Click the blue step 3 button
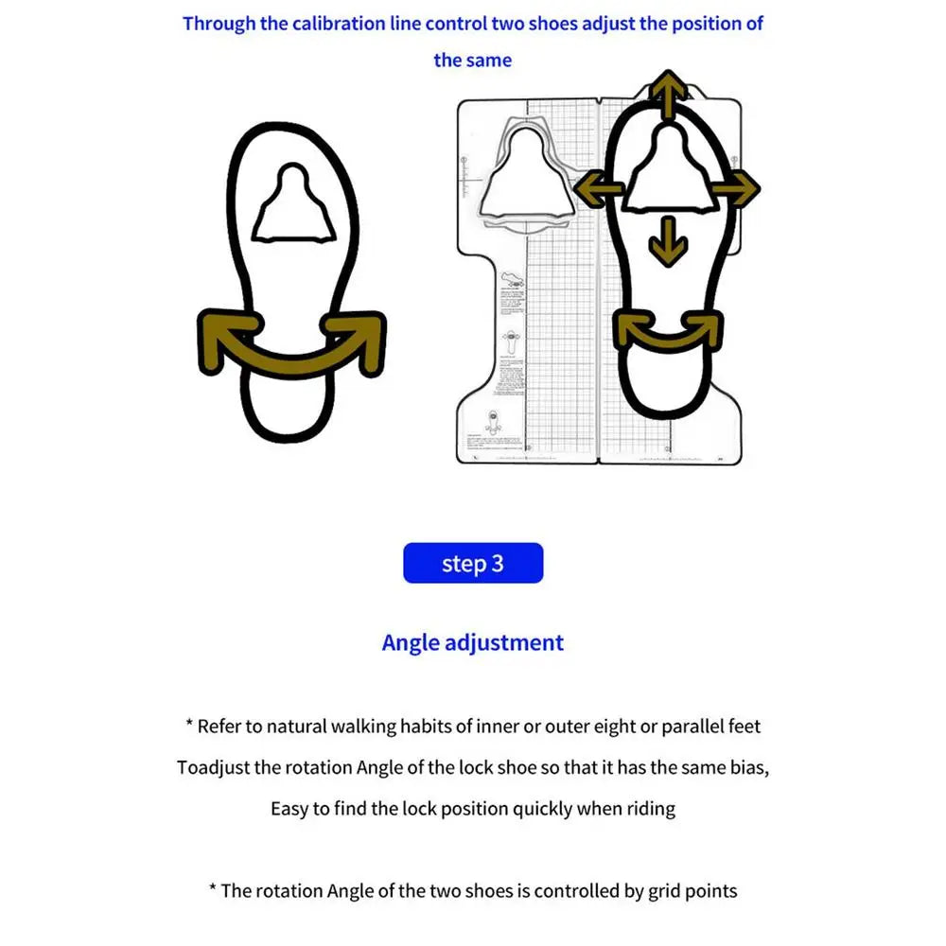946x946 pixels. [473, 563]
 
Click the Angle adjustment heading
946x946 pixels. [473, 643]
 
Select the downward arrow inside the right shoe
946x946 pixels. [669, 240]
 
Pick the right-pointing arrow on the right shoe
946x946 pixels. [736, 189]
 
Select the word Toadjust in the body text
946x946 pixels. [213, 767]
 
